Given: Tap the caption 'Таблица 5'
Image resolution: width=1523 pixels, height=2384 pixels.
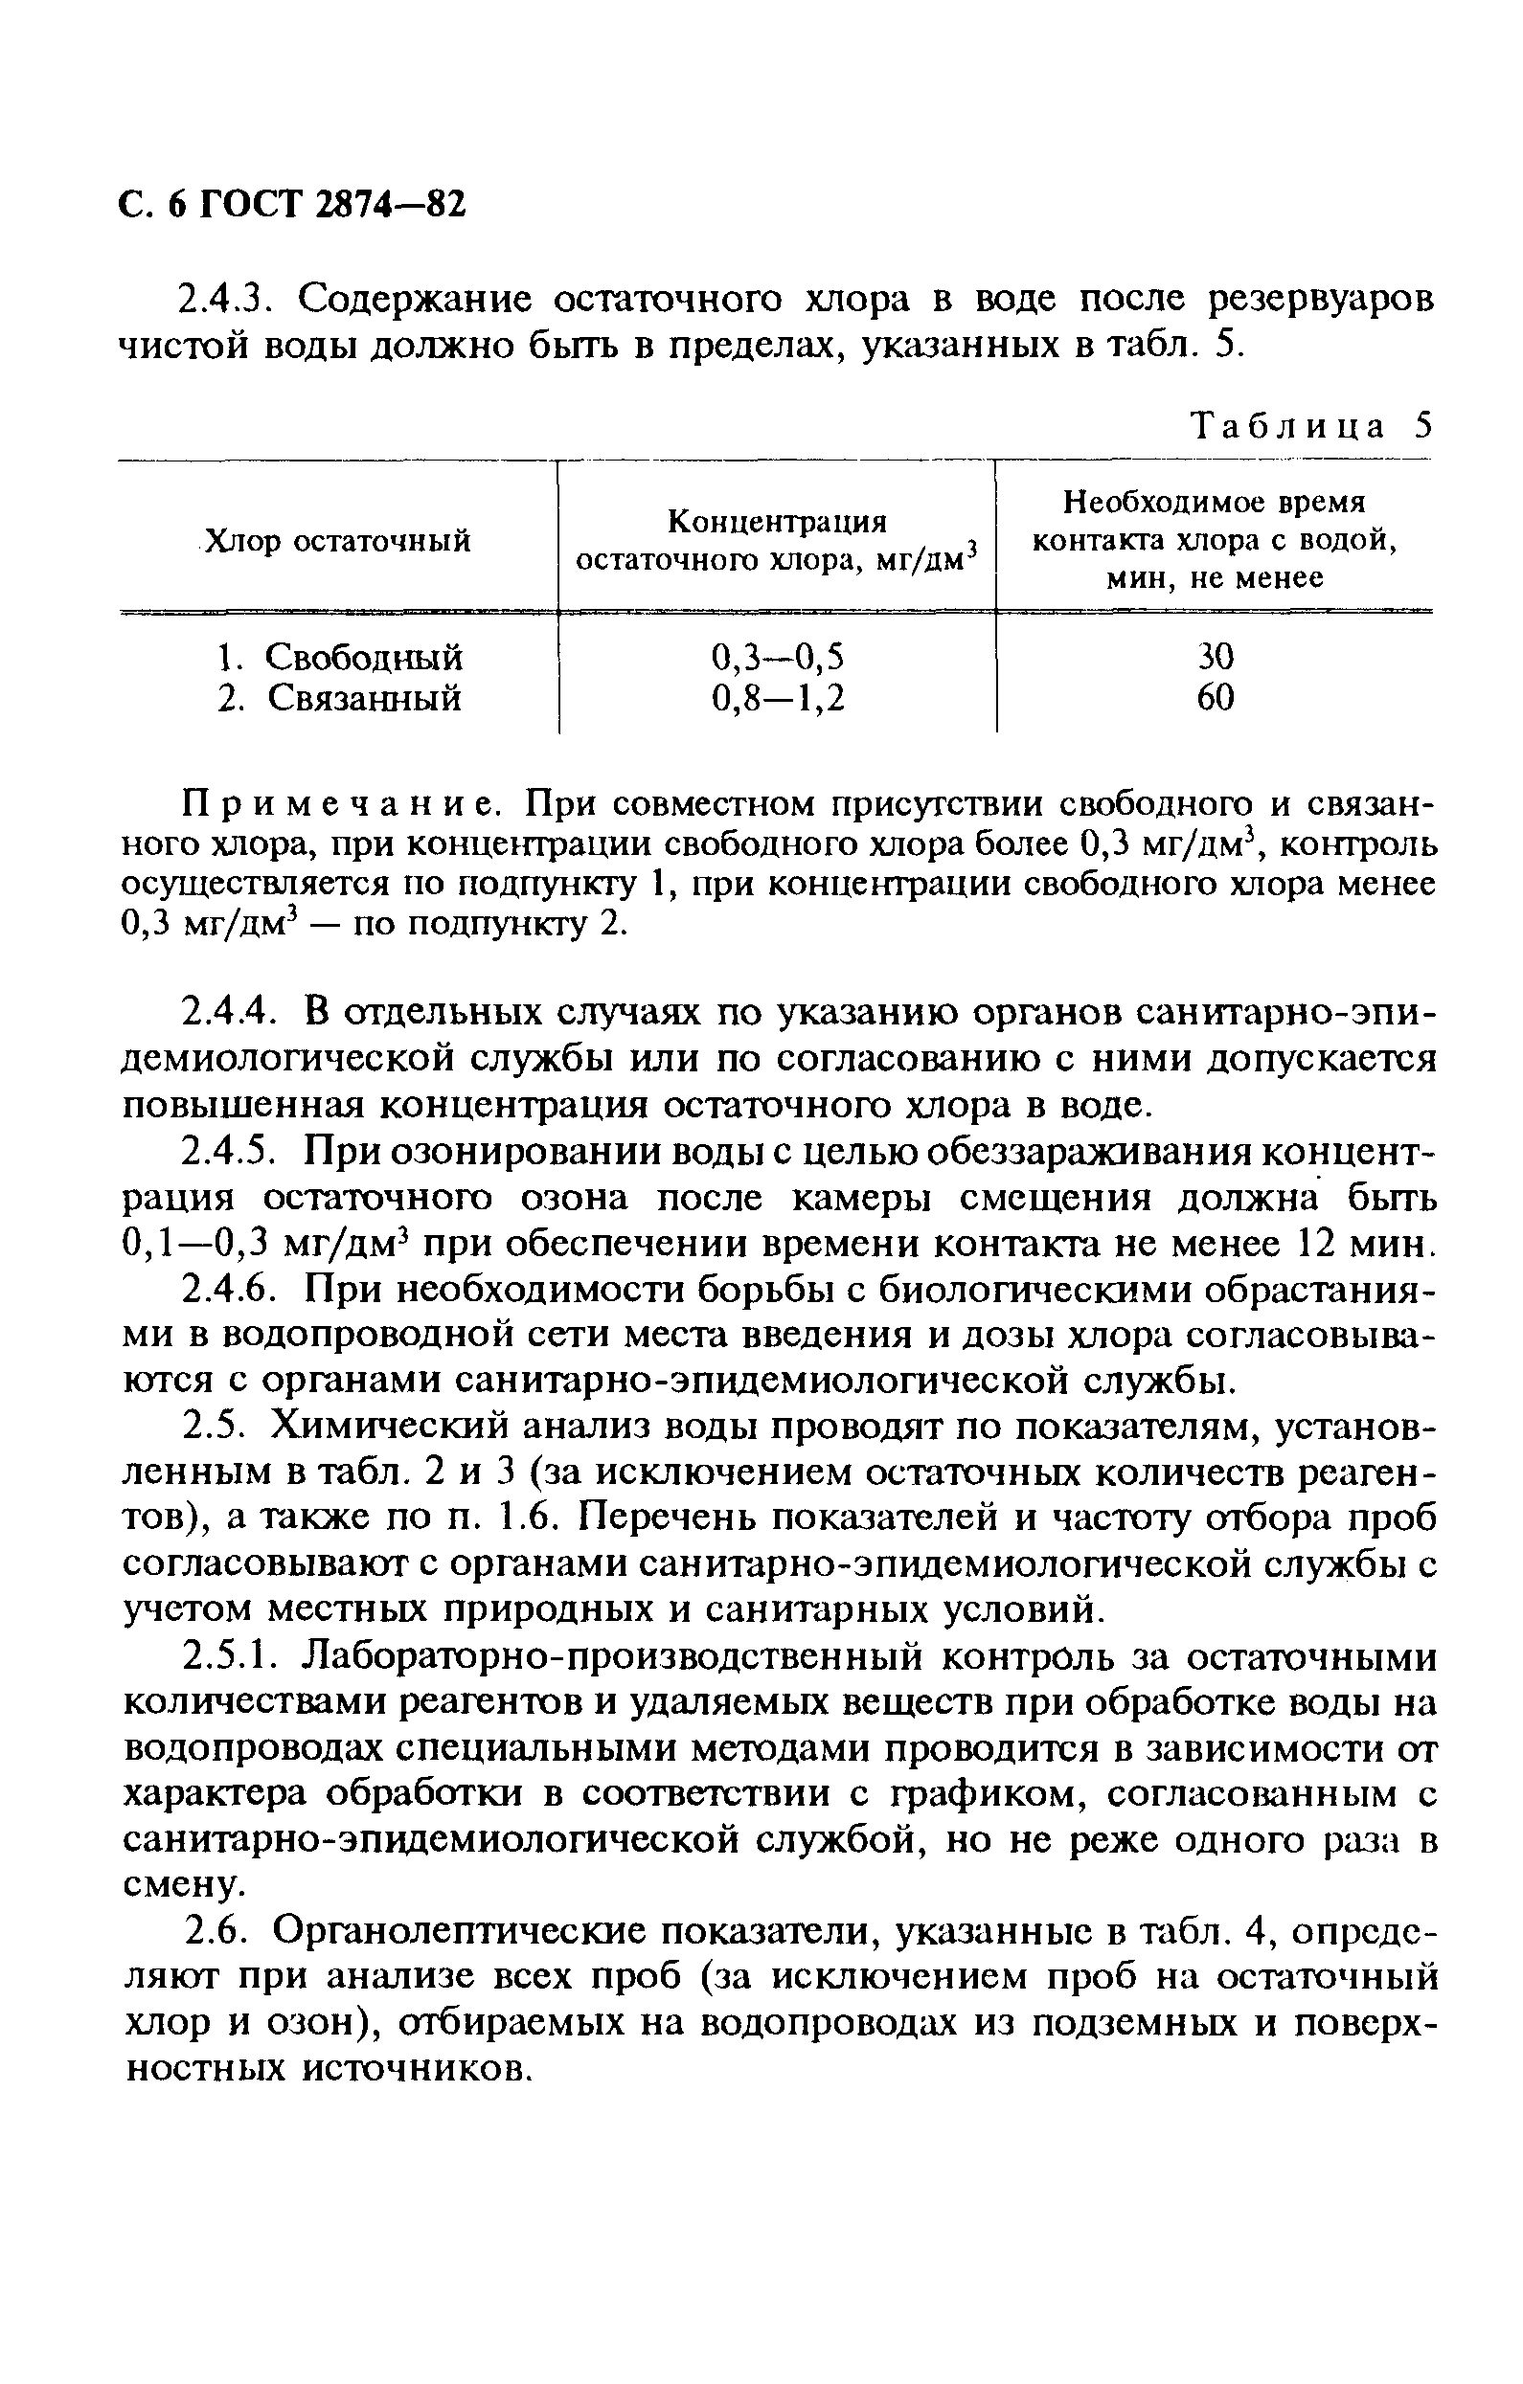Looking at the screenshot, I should pyautogui.click(x=1310, y=426).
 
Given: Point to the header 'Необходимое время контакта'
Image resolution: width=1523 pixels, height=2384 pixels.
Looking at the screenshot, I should pyautogui.click(x=1214, y=541).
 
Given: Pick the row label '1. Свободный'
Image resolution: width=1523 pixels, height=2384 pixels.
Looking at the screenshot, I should pyautogui.click(x=340, y=657).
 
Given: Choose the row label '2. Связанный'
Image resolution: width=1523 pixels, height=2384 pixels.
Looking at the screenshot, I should pyautogui.click(x=340, y=699).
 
